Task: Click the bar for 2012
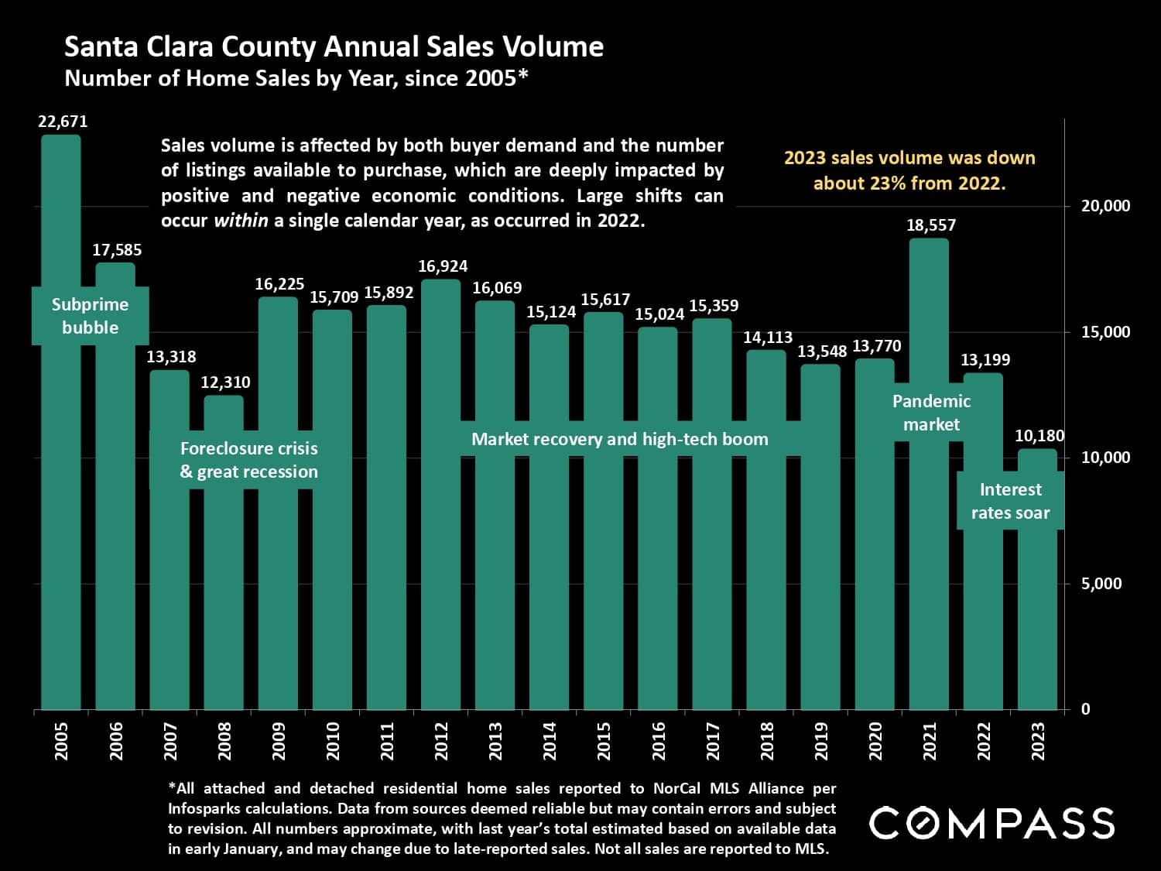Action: coord(440,542)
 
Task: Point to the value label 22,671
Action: coord(63,122)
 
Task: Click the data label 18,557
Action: coord(931,225)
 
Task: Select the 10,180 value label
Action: coord(1039,436)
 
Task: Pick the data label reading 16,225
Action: coord(279,284)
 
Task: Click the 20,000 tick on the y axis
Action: coord(1105,206)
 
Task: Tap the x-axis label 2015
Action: coord(604,741)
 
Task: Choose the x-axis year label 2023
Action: coord(1039,741)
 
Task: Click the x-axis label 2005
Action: coord(62,741)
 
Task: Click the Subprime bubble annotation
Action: coord(90,316)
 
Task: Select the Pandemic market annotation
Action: coord(931,413)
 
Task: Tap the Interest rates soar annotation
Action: coord(1010,501)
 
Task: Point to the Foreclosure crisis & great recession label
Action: coord(248,460)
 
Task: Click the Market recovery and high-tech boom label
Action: coord(619,439)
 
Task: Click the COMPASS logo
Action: coord(991,823)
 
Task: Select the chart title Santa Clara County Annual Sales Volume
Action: coord(334,47)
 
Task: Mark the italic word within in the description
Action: coord(241,220)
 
